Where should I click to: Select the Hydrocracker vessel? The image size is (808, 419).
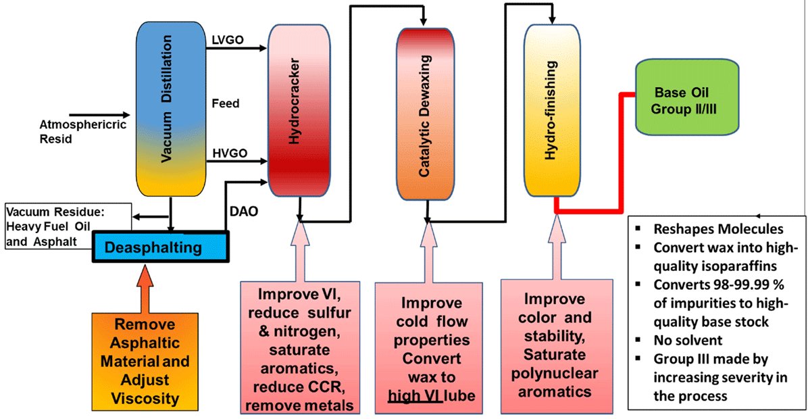299,108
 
